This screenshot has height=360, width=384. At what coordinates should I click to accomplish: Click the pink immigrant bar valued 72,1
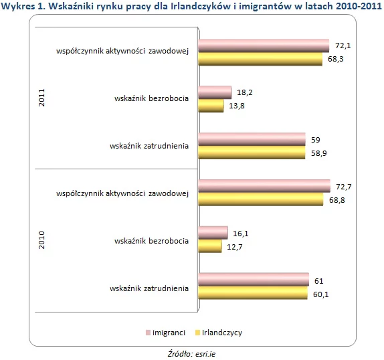pyautogui.click(x=264, y=46)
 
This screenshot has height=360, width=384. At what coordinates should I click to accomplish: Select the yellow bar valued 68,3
pyautogui.click(x=260, y=59)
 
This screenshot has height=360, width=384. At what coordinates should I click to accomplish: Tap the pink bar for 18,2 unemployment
pyautogui.click(x=215, y=92)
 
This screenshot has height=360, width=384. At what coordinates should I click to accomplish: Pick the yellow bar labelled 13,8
pyautogui.click(x=211, y=106)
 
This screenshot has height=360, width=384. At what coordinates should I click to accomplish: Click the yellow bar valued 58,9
pyautogui.click(x=252, y=153)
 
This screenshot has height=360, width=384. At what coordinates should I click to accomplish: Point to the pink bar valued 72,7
pyautogui.click(x=264, y=186)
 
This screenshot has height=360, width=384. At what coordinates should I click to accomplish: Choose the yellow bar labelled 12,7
pyautogui.click(x=210, y=246)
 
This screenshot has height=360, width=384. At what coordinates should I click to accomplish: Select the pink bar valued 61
pyautogui.click(x=254, y=280)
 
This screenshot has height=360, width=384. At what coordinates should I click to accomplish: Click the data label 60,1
pyautogui.click(x=321, y=294)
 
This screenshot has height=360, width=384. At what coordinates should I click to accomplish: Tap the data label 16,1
pyautogui.click(x=240, y=234)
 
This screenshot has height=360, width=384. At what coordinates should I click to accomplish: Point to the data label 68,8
pyautogui.click(x=337, y=200)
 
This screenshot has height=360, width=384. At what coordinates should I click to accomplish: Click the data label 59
pyautogui.click(x=316, y=140)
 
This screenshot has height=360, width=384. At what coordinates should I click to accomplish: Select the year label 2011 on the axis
pyautogui.click(x=42, y=98)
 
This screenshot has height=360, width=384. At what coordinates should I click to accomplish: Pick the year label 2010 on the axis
pyautogui.click(x=42, y=240)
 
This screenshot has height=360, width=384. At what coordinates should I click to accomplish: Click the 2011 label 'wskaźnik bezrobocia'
pyautogui.click(x=151, y=98)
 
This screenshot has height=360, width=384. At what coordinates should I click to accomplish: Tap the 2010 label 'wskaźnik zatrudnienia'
pyautogui.click(x=149, y=288)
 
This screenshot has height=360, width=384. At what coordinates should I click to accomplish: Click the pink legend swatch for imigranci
pyautogui.click(x=148, y=333)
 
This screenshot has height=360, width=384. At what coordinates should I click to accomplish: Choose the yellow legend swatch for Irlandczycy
pyautogui.click(x=197, y=333)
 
